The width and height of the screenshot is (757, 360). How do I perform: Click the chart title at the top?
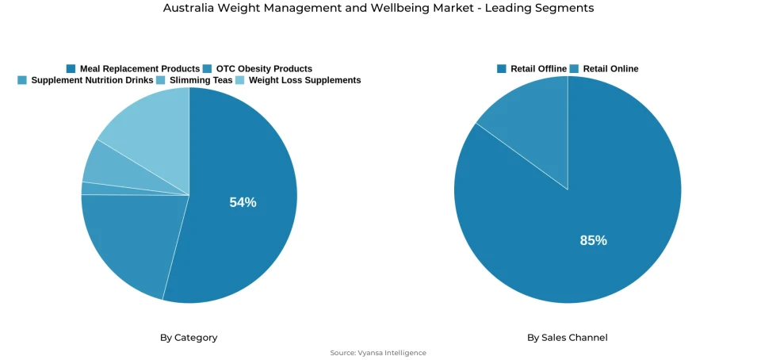coord(378,8)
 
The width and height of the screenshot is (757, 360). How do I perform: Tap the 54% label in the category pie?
coord(243,202)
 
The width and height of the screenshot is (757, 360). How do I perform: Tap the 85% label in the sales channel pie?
coord(593,240)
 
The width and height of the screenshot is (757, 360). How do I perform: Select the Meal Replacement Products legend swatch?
coord(71,69)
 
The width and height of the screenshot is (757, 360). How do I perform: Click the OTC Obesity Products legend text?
coord(264,69)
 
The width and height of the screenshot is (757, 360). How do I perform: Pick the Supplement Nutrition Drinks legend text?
coord(92,80)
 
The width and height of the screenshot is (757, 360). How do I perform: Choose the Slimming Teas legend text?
coord(201,80)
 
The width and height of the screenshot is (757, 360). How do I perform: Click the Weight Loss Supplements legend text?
coord(304,80)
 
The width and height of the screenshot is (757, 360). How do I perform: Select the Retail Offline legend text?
coord(538,69)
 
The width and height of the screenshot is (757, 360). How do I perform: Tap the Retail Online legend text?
coord(610,69)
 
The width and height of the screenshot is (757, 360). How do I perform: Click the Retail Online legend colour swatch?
coord(575,69)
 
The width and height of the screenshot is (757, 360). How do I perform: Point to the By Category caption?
coord(189,338)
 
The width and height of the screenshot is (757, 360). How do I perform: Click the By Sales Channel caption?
coord(568,338)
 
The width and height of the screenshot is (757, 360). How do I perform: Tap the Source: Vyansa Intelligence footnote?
coord(378,353)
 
